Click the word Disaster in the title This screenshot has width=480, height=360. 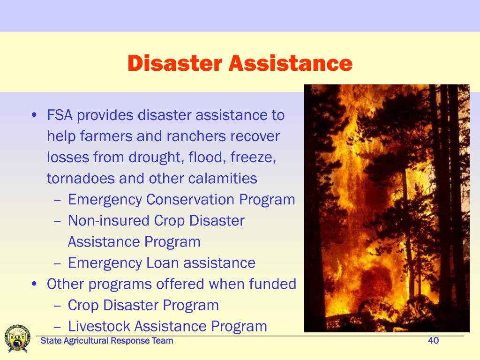175,63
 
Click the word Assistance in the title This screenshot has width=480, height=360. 291,63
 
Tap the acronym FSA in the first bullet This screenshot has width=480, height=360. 60,115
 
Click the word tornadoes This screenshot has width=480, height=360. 80,179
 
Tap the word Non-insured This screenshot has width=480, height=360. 109,221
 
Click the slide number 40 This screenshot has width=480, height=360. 433,340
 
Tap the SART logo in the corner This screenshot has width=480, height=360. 17,338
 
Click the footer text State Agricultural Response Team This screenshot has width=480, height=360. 107,341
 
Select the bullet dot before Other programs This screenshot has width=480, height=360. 34,284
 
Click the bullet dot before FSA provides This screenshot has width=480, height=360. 34,115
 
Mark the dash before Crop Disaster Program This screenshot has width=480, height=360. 58,306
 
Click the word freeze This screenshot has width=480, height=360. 253,157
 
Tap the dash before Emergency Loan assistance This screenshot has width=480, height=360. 58,263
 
